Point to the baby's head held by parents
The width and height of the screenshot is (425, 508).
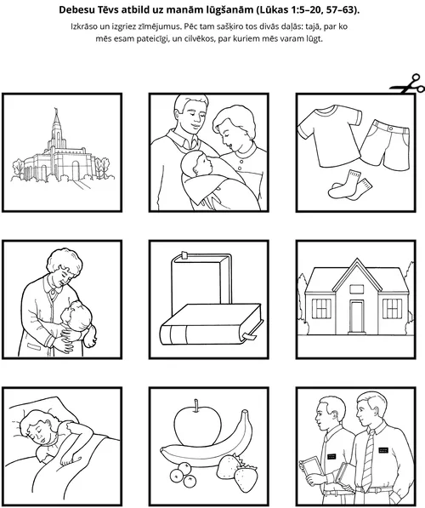(x=195, y=165)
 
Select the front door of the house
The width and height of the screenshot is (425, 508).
(x=356, y=317)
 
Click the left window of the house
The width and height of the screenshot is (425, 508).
(x=321, y=308)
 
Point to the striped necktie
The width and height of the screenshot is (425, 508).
(x=368, y=459)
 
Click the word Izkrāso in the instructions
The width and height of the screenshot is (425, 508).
(x=84, y=26)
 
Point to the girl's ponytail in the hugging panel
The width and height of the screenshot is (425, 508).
(x=90, y=336)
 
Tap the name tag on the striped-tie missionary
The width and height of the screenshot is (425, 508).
(x=383, y=450)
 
